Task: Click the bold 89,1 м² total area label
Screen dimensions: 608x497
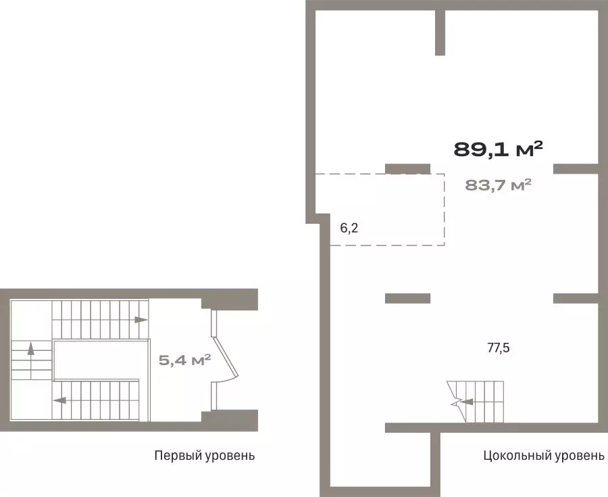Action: (498, 149)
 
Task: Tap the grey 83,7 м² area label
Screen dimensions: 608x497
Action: (498, 185)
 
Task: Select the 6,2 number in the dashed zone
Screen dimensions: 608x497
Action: (349, 228)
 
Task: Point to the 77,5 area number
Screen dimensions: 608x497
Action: (499, 348)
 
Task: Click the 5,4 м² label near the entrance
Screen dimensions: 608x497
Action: (184, 360)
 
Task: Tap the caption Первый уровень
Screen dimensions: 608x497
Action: (204, 455)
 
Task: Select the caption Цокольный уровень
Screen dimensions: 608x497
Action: (544, 455)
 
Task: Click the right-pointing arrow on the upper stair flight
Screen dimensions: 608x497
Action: (141, 320)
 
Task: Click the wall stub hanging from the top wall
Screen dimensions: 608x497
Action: (440, 32)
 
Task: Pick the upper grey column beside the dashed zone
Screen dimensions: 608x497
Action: (407, 169)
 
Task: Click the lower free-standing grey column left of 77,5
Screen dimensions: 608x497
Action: (407, 298)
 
